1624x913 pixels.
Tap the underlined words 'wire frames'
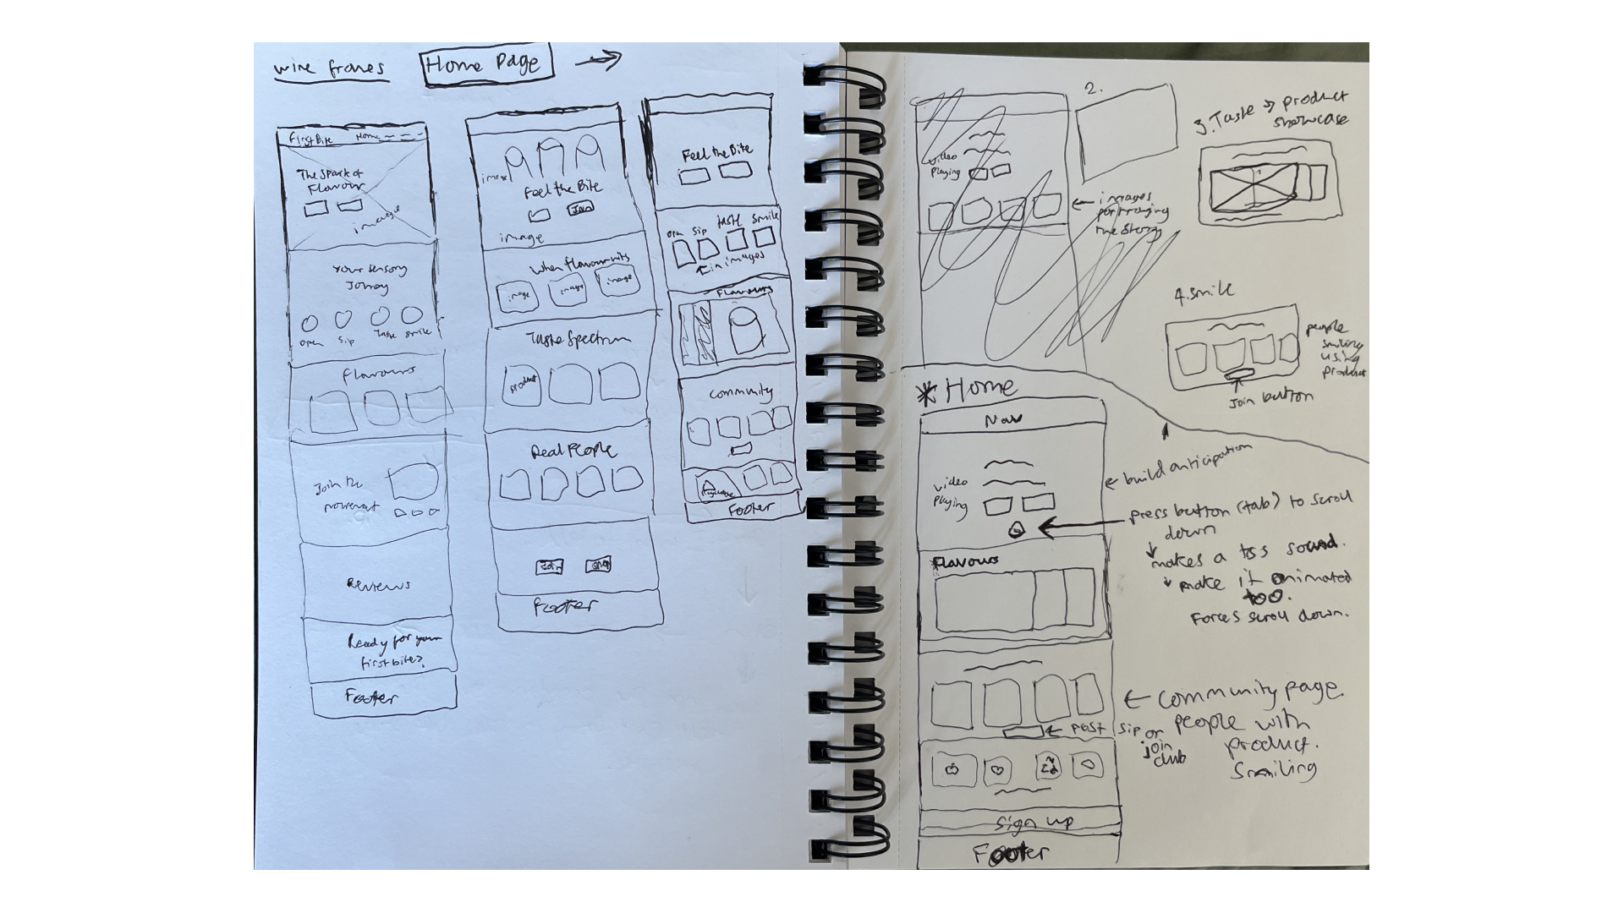[331, 68]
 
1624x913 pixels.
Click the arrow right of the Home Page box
[598, 59]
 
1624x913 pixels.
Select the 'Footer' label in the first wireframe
[370, 697]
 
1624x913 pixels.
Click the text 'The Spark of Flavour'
[330, 180]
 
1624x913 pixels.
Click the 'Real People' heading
[573, 451]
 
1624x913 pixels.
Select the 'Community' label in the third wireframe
[740, 393]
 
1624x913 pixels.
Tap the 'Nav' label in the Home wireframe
[1003, 418]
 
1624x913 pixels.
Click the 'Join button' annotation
[1270, 397]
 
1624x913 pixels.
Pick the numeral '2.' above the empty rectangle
[1094, 88]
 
